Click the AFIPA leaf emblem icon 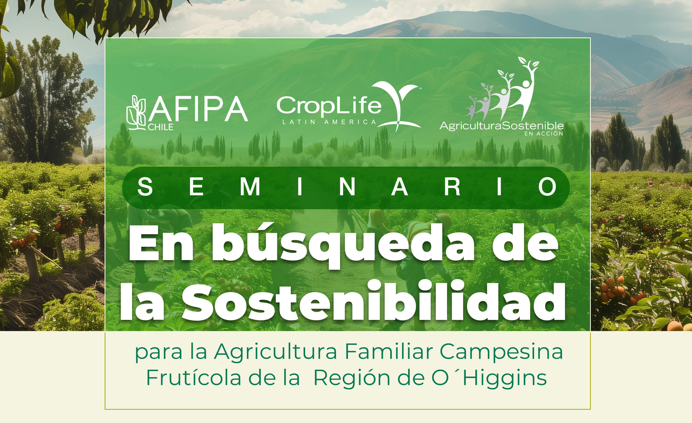click(x=136, y=113)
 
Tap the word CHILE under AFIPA click(x=161, y=127)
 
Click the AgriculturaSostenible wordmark click(x=502, y=126)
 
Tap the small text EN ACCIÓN click(x=544, y=134)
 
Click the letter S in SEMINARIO click(x=145, y=187)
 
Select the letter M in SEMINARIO click(x=250, y=187)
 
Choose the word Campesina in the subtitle click(x=501, y=352)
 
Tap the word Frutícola click(x=194, y=378)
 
